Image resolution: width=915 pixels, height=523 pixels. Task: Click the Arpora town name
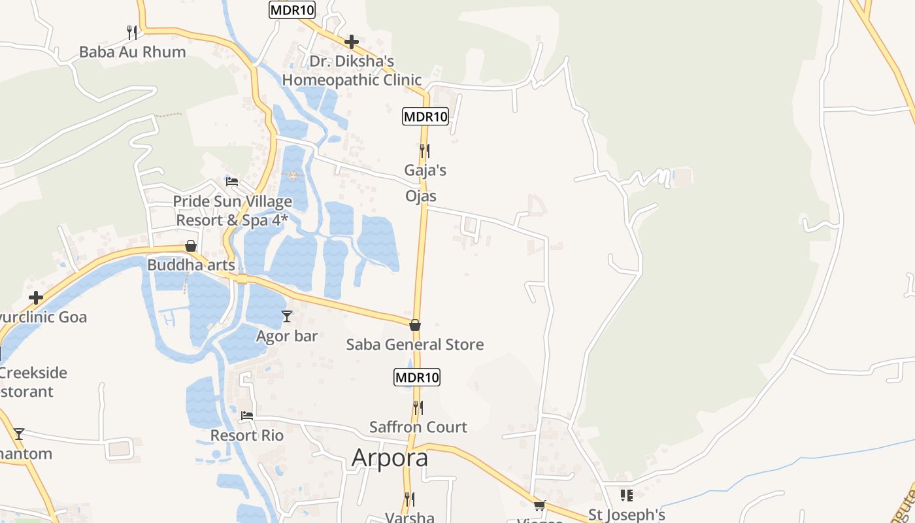[390, 458]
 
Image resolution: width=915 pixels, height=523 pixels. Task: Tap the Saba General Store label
[415, 345]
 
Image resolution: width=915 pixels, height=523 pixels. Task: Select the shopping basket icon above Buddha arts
[191, 246]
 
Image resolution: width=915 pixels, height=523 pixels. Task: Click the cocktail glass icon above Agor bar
[286, 317]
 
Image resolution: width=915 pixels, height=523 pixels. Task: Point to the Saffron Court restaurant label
[418, 427]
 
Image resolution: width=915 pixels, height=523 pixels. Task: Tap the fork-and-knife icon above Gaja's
[424, 151]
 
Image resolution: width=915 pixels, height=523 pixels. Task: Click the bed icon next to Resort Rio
[246, 415]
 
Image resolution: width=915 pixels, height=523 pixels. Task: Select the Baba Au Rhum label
[132, 52]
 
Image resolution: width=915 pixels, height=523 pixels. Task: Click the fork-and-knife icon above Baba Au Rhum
[132, 32]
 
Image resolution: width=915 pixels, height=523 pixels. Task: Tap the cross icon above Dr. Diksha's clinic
[352, 42]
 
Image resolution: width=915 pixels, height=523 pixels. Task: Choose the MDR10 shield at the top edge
[292, 10]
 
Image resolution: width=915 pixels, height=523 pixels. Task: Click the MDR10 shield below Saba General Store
[417, 377]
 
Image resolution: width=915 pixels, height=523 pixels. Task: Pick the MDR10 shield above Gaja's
[425, 117]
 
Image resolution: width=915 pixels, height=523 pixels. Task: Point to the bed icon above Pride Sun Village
[232, 181]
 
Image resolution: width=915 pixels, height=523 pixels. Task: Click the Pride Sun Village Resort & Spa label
[232, 211]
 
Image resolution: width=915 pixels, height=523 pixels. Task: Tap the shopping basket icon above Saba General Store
[415, 325]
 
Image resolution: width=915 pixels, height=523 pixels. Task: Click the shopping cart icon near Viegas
[540, 505]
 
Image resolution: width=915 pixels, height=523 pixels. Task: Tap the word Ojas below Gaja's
[421, 196]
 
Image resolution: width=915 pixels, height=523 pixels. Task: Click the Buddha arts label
[191, 265]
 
